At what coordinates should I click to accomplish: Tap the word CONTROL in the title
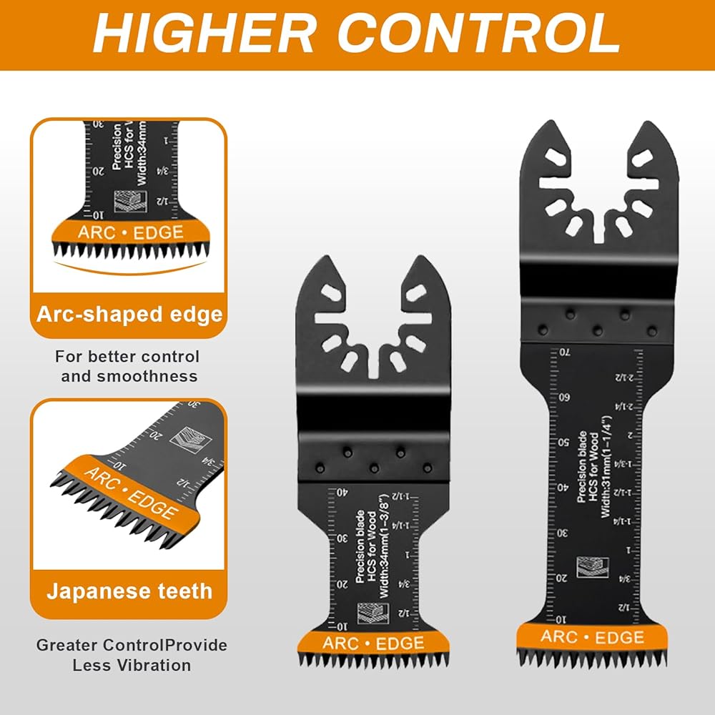[x=478, y=33]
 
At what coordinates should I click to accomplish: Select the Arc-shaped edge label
[x=129, y=315]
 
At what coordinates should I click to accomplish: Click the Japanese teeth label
[x=129, y=591]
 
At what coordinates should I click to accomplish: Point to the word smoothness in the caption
[x=129, y=376]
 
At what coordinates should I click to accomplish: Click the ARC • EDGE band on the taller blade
[x=592, y=637]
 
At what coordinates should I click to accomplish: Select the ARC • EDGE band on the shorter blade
[x=373, y=643]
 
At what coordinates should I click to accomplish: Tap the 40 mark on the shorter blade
[x=342, y=493]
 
